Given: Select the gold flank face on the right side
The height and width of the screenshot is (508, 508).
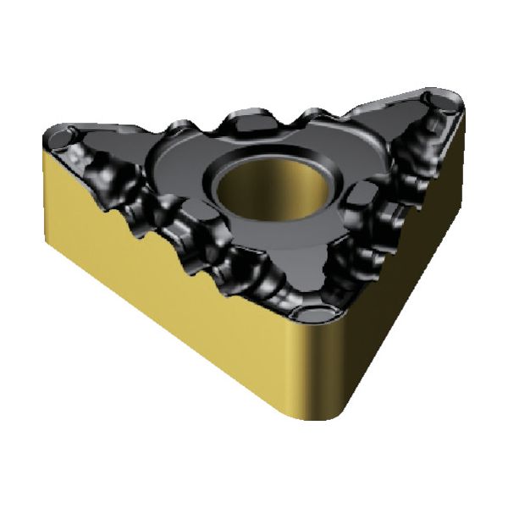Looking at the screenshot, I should coord(415,254).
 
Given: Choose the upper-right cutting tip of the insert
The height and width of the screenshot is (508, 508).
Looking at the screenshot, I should coord(453,97).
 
